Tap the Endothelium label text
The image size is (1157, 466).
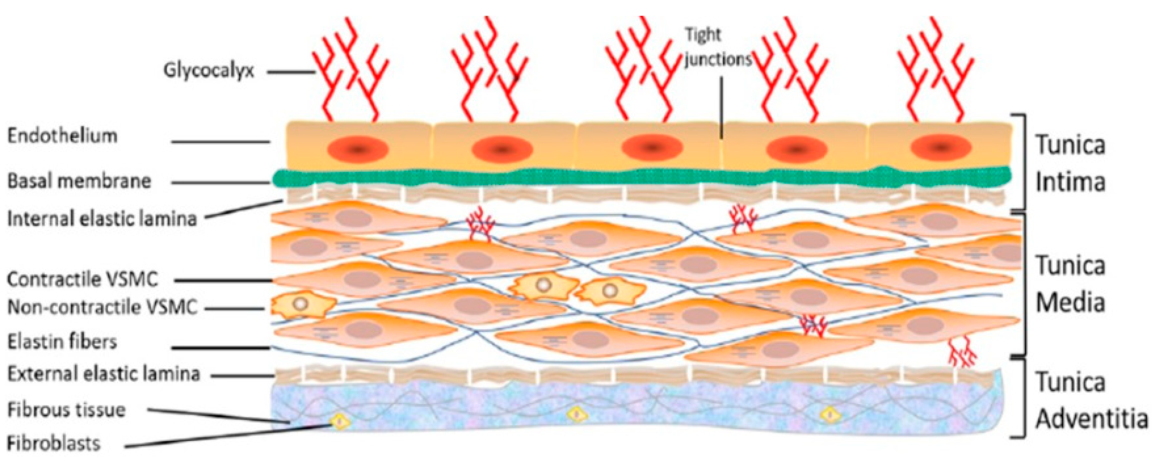62,135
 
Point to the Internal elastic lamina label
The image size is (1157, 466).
102,219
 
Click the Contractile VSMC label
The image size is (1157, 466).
83,279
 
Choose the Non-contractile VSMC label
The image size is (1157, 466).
102,308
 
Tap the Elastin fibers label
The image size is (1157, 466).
62,342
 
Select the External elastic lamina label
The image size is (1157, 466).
104,374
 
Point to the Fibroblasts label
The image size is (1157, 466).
54,443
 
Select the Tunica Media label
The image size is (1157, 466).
1070,284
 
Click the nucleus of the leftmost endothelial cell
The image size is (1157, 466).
358,149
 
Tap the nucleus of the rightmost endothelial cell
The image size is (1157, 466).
940,147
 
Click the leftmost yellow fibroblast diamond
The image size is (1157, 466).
340,421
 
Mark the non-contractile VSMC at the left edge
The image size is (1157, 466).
300,304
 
